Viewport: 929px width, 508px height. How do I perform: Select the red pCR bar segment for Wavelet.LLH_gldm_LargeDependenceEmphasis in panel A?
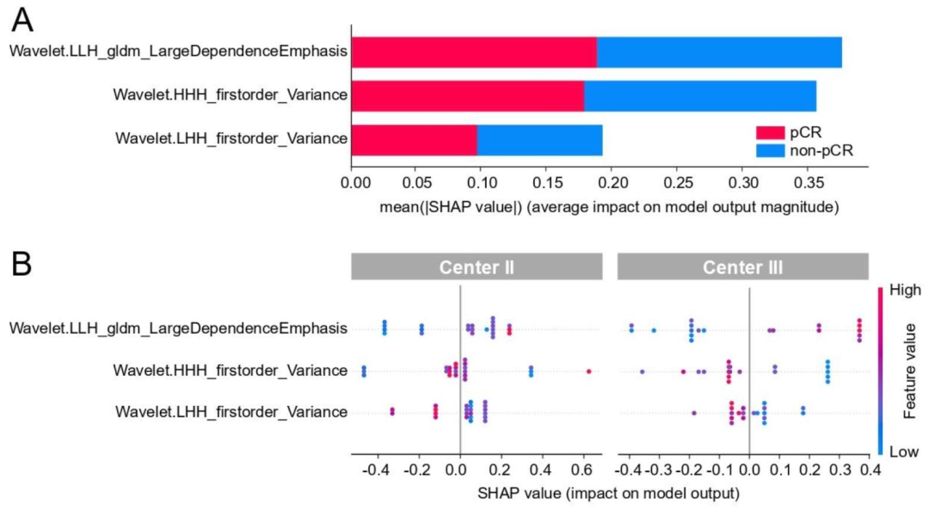coord(474,52)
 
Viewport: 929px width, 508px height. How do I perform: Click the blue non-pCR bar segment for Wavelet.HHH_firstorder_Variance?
coord(700,95)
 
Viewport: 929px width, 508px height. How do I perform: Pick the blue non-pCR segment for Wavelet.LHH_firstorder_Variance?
coord(539,139)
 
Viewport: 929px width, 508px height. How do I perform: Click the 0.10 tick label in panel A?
coord(483,184)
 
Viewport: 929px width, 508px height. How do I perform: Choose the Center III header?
coord(742,266)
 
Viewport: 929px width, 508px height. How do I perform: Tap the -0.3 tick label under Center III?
coord(655,470)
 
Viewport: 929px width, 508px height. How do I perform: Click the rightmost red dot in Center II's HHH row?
coord(588,371)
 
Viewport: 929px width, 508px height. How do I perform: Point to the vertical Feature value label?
coord(910,370)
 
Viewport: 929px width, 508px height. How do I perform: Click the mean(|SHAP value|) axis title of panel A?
coord(595,206)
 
